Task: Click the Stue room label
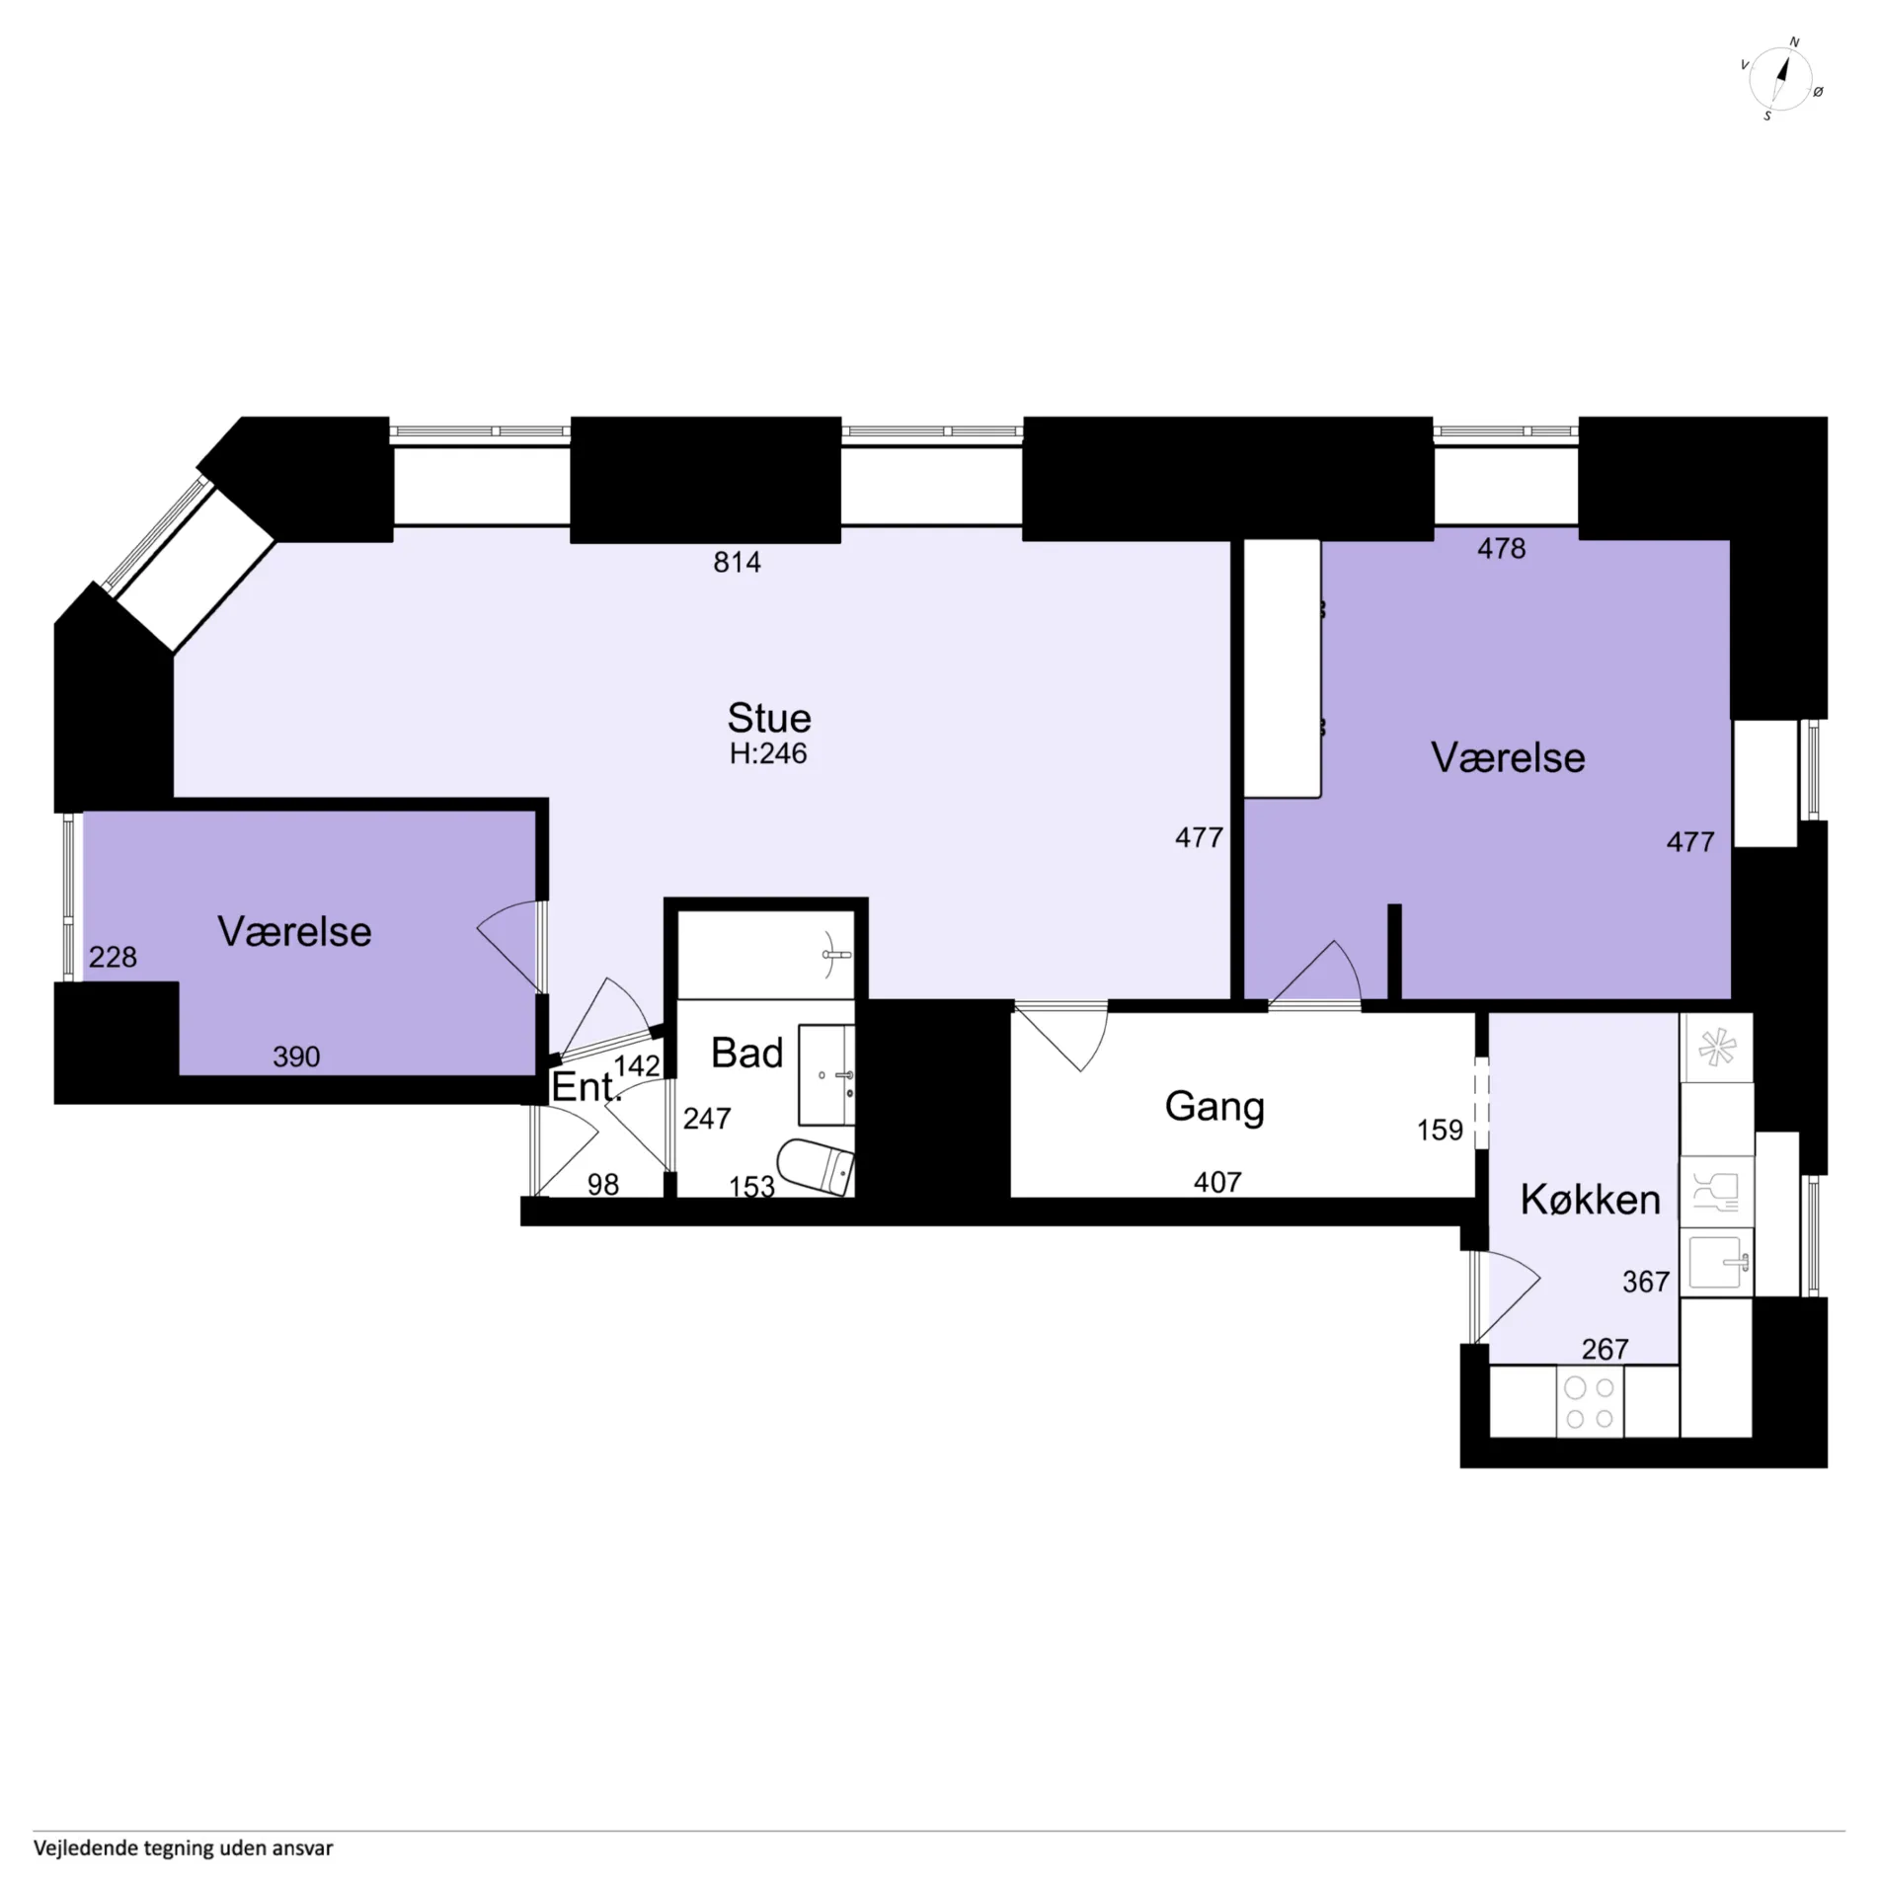[769, 717]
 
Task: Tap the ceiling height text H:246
[768, 753]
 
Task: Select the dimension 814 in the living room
[737, 562]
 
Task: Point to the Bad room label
[747, 1054]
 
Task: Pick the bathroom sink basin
[826, 1074]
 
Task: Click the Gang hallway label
[1214, 1108]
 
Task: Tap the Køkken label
[1590, 1200]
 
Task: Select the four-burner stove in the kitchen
[1590, 1403]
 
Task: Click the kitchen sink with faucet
[1718, 1263]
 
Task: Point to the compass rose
[1781, 79]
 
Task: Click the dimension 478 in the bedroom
[1501, 548]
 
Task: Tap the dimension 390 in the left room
[296, 1057]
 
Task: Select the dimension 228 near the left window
[113, 957]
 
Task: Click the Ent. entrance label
[587, 1087]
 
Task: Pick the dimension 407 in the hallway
[1217, 1182]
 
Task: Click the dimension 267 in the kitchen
[1605, 1349]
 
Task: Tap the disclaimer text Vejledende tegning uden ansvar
[184, 1848]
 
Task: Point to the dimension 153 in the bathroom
[751, 1186]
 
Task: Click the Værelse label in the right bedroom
[1508, 758]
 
